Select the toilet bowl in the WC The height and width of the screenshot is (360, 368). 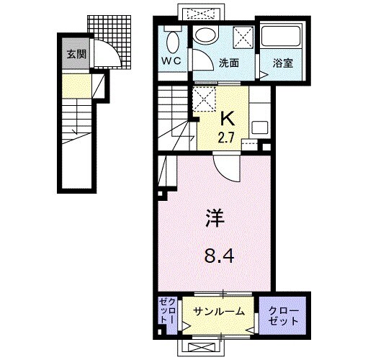coord(173,39)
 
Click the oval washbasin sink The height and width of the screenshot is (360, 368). coord(206,37)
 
